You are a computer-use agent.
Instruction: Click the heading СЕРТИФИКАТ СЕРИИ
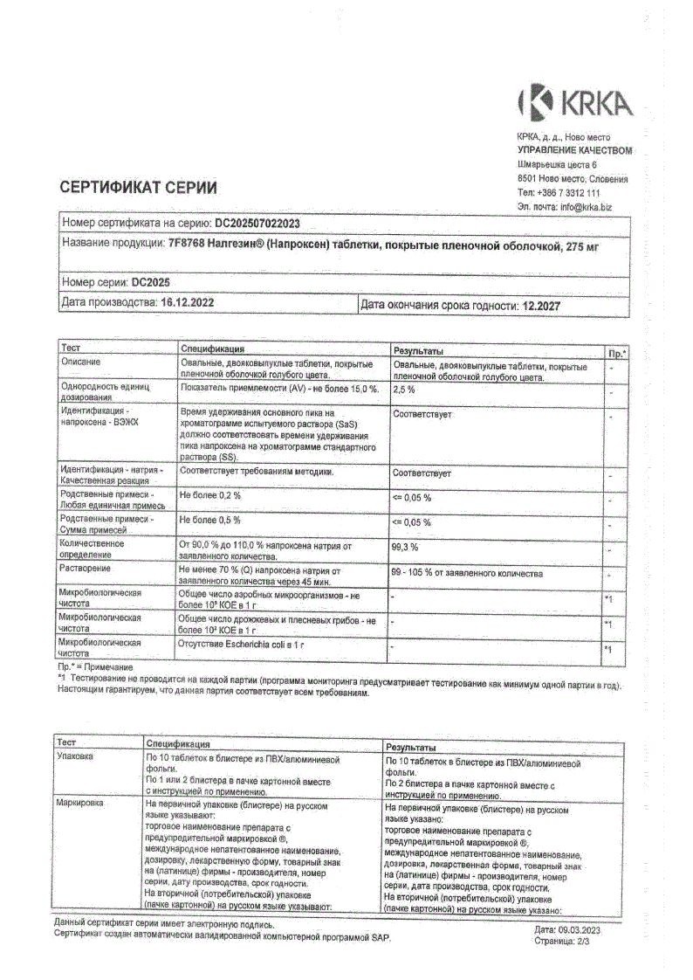tap(139, 187)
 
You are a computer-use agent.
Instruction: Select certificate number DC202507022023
tap(257, 224)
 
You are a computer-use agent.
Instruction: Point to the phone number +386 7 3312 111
tap(568, 193)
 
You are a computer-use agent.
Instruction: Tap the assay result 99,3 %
tap(406, 547)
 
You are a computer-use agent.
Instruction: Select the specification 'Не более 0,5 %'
tap(210, 521)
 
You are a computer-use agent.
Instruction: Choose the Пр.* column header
tap(616, 351)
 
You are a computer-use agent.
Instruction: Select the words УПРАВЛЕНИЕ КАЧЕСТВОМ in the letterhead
tap(573, 150)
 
